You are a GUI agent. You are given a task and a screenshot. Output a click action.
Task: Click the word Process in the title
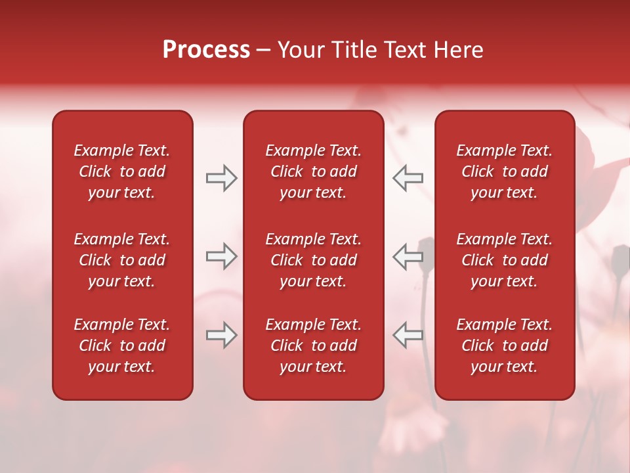point(206,50)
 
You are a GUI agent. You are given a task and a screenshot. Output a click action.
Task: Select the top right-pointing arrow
point(221,178)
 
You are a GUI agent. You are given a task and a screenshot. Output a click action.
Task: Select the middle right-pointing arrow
point(221,256)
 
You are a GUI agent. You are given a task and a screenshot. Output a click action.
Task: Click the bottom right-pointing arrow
point(221,335)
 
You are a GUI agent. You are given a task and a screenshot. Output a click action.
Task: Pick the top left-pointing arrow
point(408,178)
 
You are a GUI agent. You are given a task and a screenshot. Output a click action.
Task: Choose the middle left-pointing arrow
point(408,256)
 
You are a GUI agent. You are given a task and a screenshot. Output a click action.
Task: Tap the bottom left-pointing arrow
point(408,335)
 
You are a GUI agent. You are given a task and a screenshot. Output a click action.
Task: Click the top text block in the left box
point(122,171)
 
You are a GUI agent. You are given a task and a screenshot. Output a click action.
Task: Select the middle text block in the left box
point(122,260)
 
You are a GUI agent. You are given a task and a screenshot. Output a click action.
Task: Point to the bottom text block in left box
point(122,346)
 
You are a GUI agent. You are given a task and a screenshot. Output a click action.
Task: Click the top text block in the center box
point(313,171)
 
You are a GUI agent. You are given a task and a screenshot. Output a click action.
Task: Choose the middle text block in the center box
point(313,260)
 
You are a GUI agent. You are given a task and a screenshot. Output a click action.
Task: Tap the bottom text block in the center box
point(313,346)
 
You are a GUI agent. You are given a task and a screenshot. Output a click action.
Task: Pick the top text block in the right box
point(504,171)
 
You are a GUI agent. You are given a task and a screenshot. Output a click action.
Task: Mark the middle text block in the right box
point(504,260)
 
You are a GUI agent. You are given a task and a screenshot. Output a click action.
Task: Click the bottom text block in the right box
point(504,346)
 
